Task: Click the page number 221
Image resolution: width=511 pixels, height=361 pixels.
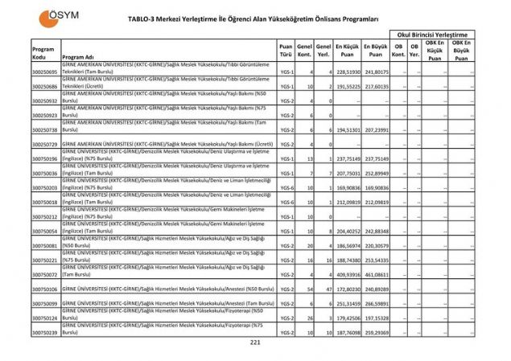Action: [x=255, y=343]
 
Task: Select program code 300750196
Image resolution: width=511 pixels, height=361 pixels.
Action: [x=44, y=158]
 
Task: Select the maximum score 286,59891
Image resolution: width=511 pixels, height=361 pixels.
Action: [x=376, y=303]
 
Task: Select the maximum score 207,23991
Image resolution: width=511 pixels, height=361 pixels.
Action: [x=376, y=129]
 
